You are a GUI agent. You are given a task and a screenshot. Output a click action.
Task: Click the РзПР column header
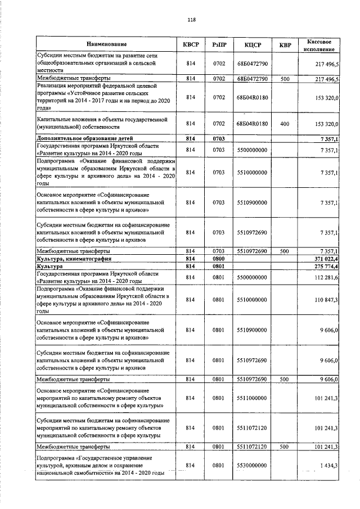(219, 44)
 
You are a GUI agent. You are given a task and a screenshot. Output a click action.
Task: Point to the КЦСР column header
(252, 44)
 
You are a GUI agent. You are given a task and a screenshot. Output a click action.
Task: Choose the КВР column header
(285, 44)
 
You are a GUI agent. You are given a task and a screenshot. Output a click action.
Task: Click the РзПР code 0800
(219, 258)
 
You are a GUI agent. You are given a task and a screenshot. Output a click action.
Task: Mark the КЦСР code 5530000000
(252, 466)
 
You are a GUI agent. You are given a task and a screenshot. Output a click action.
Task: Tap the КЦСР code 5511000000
(252, 398)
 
